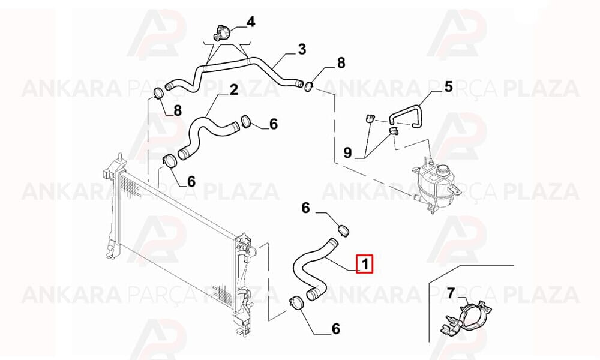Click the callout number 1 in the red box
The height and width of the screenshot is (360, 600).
(x=365, y=263)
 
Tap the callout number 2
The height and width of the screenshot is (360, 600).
(x=234, y=90)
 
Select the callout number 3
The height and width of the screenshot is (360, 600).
(x=302, y=49)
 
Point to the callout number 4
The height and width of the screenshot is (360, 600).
(x=251, y=22)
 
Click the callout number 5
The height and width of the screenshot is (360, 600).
(x=448, y=87)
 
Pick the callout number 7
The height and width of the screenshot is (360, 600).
(x=451, y=294)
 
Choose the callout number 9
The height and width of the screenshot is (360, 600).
(x=347, y=153)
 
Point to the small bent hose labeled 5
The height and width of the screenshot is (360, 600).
(x=406, y=112)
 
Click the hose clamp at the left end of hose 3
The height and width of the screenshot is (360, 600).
(x=159, y=94)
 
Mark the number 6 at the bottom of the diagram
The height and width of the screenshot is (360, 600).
(x=335, y=329)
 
